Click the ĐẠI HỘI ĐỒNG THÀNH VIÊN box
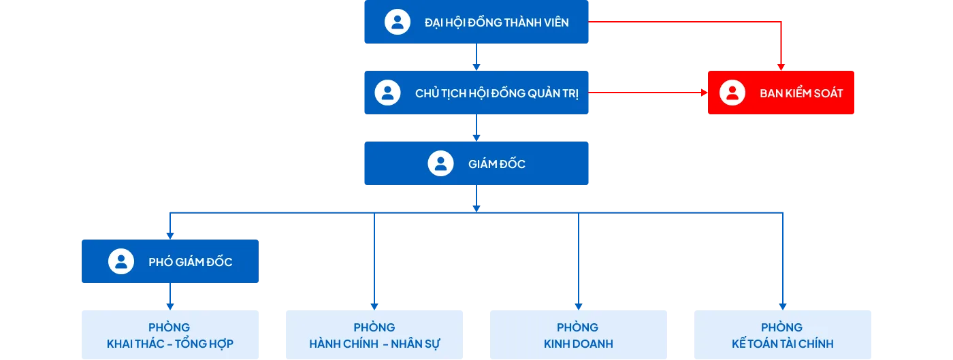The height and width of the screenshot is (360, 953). point(476,22)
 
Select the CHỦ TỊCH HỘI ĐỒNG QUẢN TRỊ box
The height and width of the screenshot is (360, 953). point(476,93)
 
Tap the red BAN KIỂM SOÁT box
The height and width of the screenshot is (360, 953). point(781,93)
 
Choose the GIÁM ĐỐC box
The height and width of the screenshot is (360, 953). point(476,163)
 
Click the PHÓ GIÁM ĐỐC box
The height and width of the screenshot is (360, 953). point(171,261)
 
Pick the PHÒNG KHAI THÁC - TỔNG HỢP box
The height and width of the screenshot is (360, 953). point(171,335)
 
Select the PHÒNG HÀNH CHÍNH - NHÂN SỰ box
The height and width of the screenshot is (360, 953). point(373,335)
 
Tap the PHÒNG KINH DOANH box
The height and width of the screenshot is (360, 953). point(579,335)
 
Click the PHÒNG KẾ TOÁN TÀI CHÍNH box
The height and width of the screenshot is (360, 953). point(781,335)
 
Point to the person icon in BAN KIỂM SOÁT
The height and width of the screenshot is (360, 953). point(732,93)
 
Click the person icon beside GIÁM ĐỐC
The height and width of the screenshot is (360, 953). point(440,163)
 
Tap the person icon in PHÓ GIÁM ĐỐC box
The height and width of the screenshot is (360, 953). point(121,261)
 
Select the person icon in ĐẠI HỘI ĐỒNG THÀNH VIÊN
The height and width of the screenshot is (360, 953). point(398,22)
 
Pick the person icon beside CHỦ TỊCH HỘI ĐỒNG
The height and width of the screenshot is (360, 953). point(387,93)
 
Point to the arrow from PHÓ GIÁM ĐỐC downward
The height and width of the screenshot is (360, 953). point(170,297)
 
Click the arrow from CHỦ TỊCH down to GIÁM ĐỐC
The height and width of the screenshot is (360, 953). point(476,128)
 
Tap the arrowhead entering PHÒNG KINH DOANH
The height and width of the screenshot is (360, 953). point(579,306)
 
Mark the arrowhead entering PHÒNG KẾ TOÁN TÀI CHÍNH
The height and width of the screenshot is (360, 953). point(782,306)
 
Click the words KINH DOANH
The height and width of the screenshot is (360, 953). point(579,344)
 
